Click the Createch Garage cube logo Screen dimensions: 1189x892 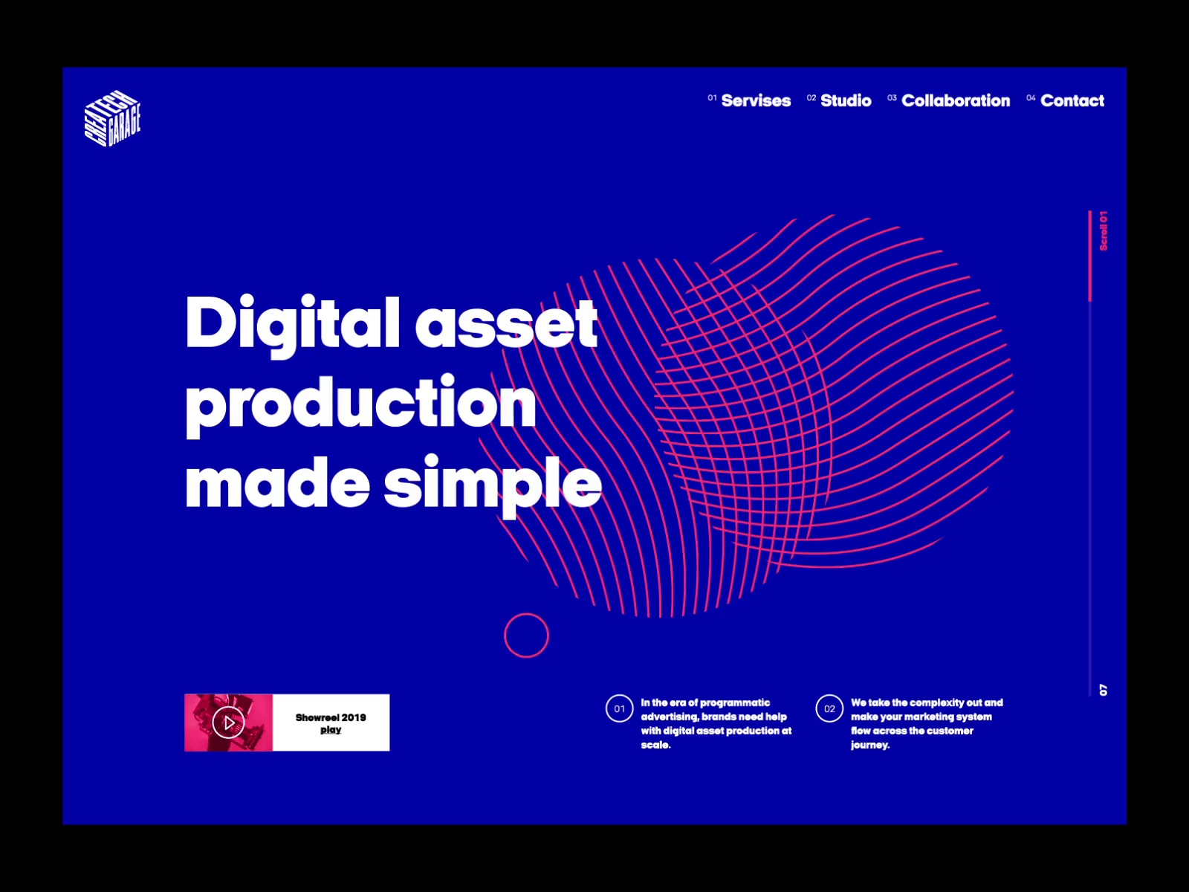pos(113,118)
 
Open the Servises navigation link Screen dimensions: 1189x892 pos(756,101)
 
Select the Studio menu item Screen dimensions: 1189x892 pos(846,101)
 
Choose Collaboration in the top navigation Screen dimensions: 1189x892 pos(956,101)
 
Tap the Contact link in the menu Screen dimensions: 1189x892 pos(1072,101)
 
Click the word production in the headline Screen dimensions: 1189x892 pos(360,405)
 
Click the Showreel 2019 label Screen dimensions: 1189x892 pos(331,717)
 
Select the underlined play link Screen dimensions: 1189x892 pos(331,730)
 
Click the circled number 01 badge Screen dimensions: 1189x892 pos(619,708)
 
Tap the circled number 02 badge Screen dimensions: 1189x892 pos(829,708)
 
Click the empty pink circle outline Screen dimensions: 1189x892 pos(527,614)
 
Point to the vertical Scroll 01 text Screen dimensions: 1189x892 pos(1104,230)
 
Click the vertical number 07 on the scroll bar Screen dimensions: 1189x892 pos(1104,690)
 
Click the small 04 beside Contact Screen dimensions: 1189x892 pos(1031,98)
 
